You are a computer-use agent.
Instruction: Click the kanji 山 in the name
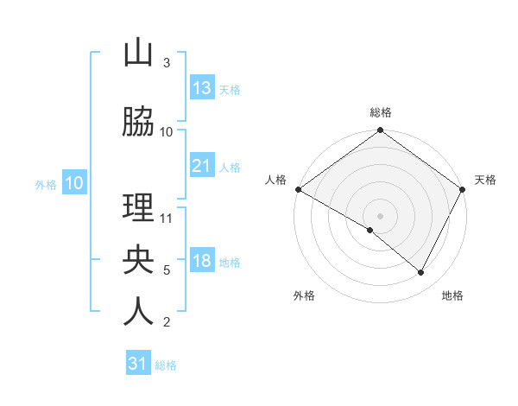(138, 54)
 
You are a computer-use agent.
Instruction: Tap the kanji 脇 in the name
(138, 124)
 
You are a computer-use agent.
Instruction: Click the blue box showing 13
(201, 88)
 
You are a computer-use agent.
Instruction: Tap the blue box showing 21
(201, 166)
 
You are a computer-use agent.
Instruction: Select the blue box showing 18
(201, 261)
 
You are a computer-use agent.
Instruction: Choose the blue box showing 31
(138, 364)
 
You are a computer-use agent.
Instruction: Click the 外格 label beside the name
(46, 184)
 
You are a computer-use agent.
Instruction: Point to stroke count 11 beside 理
(167, 219)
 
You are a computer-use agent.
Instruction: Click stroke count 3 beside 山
(167, 63)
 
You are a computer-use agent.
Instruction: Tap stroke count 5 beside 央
(167, 270)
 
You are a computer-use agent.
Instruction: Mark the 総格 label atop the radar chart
(380, 112)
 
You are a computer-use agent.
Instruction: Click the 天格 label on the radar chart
(485, 180)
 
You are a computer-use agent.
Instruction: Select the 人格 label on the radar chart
(276, 180)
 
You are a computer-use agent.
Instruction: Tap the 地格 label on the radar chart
(452, 295)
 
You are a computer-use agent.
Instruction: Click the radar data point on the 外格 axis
(370, 230)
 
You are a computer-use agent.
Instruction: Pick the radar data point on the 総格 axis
(380, 130)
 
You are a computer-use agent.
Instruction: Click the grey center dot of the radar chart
(380, 215)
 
